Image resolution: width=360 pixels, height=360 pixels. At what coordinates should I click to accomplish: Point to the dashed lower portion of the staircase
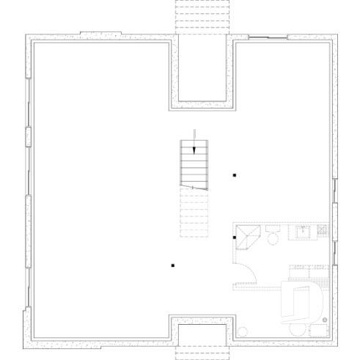click(194, 213)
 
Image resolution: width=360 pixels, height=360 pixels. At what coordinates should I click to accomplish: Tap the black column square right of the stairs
click(235, 175)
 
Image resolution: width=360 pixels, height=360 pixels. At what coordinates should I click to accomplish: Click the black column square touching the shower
click(235, 238)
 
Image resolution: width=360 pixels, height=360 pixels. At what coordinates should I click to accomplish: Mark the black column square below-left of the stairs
click(172, 265)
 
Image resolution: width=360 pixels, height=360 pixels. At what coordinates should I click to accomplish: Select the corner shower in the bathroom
click(246, 238)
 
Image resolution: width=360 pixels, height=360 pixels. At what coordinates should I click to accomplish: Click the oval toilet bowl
click(273, 238)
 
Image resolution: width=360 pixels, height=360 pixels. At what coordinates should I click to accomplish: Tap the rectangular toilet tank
click(273, 228)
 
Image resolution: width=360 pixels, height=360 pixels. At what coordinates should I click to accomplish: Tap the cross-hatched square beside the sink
click(321, 232)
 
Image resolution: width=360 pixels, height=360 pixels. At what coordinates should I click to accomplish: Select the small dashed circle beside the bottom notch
click(242, 331)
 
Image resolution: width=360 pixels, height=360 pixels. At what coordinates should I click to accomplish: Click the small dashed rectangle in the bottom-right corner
click(320, 330)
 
